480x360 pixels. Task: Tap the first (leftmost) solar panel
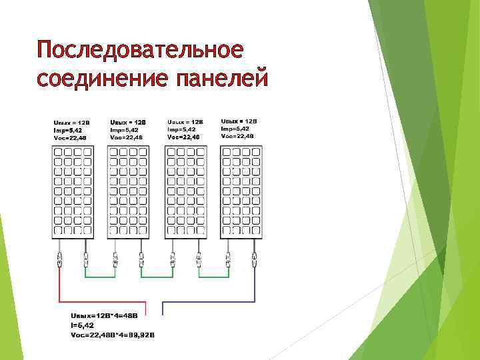click(x=71, y=191)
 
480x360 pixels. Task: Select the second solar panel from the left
click(x=128, y=191)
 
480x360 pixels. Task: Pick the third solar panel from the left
click(x=185, y=191)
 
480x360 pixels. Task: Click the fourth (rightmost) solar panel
click(x=241, y=191)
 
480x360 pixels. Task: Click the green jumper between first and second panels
click(x=99, y=276)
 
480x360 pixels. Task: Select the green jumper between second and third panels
click(x=157, y=276)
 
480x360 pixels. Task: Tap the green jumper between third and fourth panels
click(x=213, y=276)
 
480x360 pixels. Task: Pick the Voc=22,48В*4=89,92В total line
click(x=112, y=335)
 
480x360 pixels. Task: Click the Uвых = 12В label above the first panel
click(x=71, y=123)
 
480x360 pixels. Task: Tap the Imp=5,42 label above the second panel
click(x=125, y=130)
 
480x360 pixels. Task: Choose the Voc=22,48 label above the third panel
click(x=183, y=137)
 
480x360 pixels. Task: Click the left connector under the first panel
click(x=60, y=259)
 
